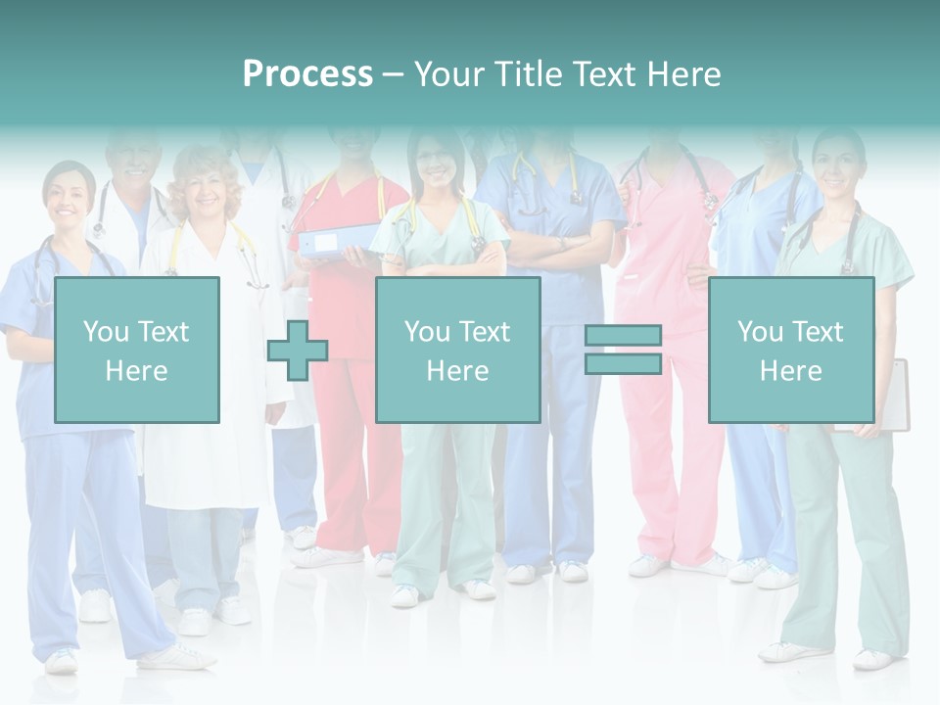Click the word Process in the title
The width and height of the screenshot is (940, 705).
[307, 74]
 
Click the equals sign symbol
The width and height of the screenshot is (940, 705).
[623, 351]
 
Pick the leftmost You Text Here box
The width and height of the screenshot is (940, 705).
[136, 350]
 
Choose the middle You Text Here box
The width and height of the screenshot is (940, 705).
[457, 350]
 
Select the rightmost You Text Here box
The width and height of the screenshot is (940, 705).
[790, 350]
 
